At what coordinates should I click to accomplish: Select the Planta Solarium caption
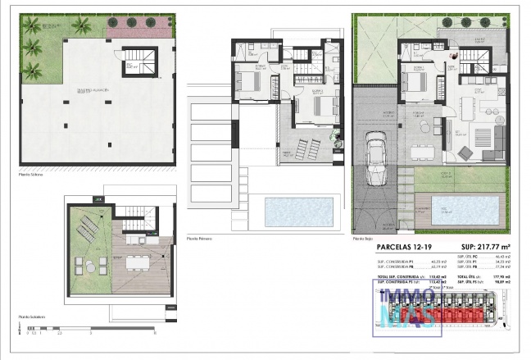pyautogui.click(x=34, y=316)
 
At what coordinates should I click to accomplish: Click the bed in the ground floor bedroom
pyautogui.click(x=412, y=83)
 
